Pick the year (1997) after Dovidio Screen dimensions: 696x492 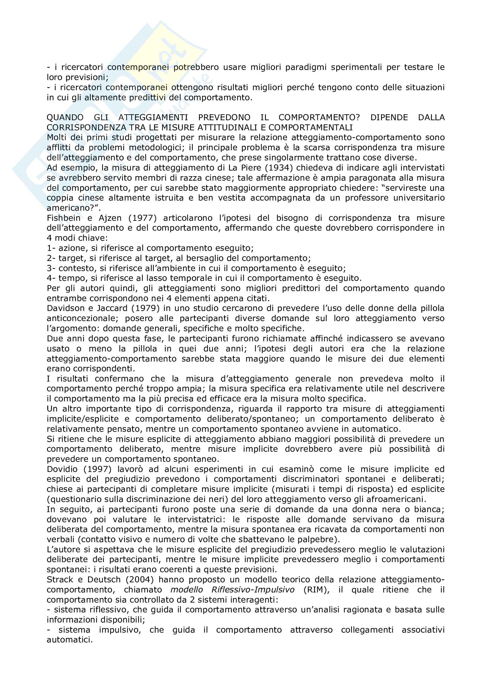[x=97, y=469]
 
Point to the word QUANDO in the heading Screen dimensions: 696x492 [x=65, y=117]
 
